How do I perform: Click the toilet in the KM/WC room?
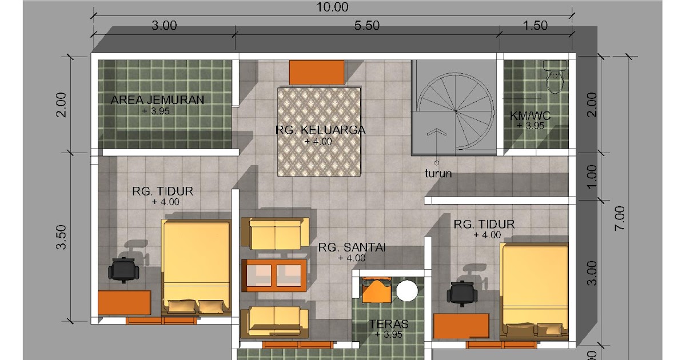tap(555, 77)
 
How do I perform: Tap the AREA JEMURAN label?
tap(157, 100)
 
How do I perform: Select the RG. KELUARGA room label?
tap(320, 130)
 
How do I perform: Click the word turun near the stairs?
tap(438, 174)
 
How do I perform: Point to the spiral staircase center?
tap(456, 111)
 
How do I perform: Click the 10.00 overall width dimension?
tap(332, 7)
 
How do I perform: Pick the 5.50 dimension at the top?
tap(367, 25)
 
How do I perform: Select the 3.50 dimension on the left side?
tap(62, 237)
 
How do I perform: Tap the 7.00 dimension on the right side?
tap(620, 218)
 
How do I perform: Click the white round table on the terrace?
tap(407, 291)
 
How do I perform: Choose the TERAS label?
tap(389, 324)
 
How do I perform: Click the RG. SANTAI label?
tap(352, 247)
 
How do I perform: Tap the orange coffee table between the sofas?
tap(274, 275)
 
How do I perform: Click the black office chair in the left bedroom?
tap(123, 269)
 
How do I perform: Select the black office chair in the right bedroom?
tap(462, 293)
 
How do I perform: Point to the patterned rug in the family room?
tap(319, 132)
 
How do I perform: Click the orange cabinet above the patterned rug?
tap(317, 72)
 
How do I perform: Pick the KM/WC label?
tap(530, 115)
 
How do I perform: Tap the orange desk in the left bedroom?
tap(125, 302)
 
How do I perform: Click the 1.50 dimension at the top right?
tap(535, 25)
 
